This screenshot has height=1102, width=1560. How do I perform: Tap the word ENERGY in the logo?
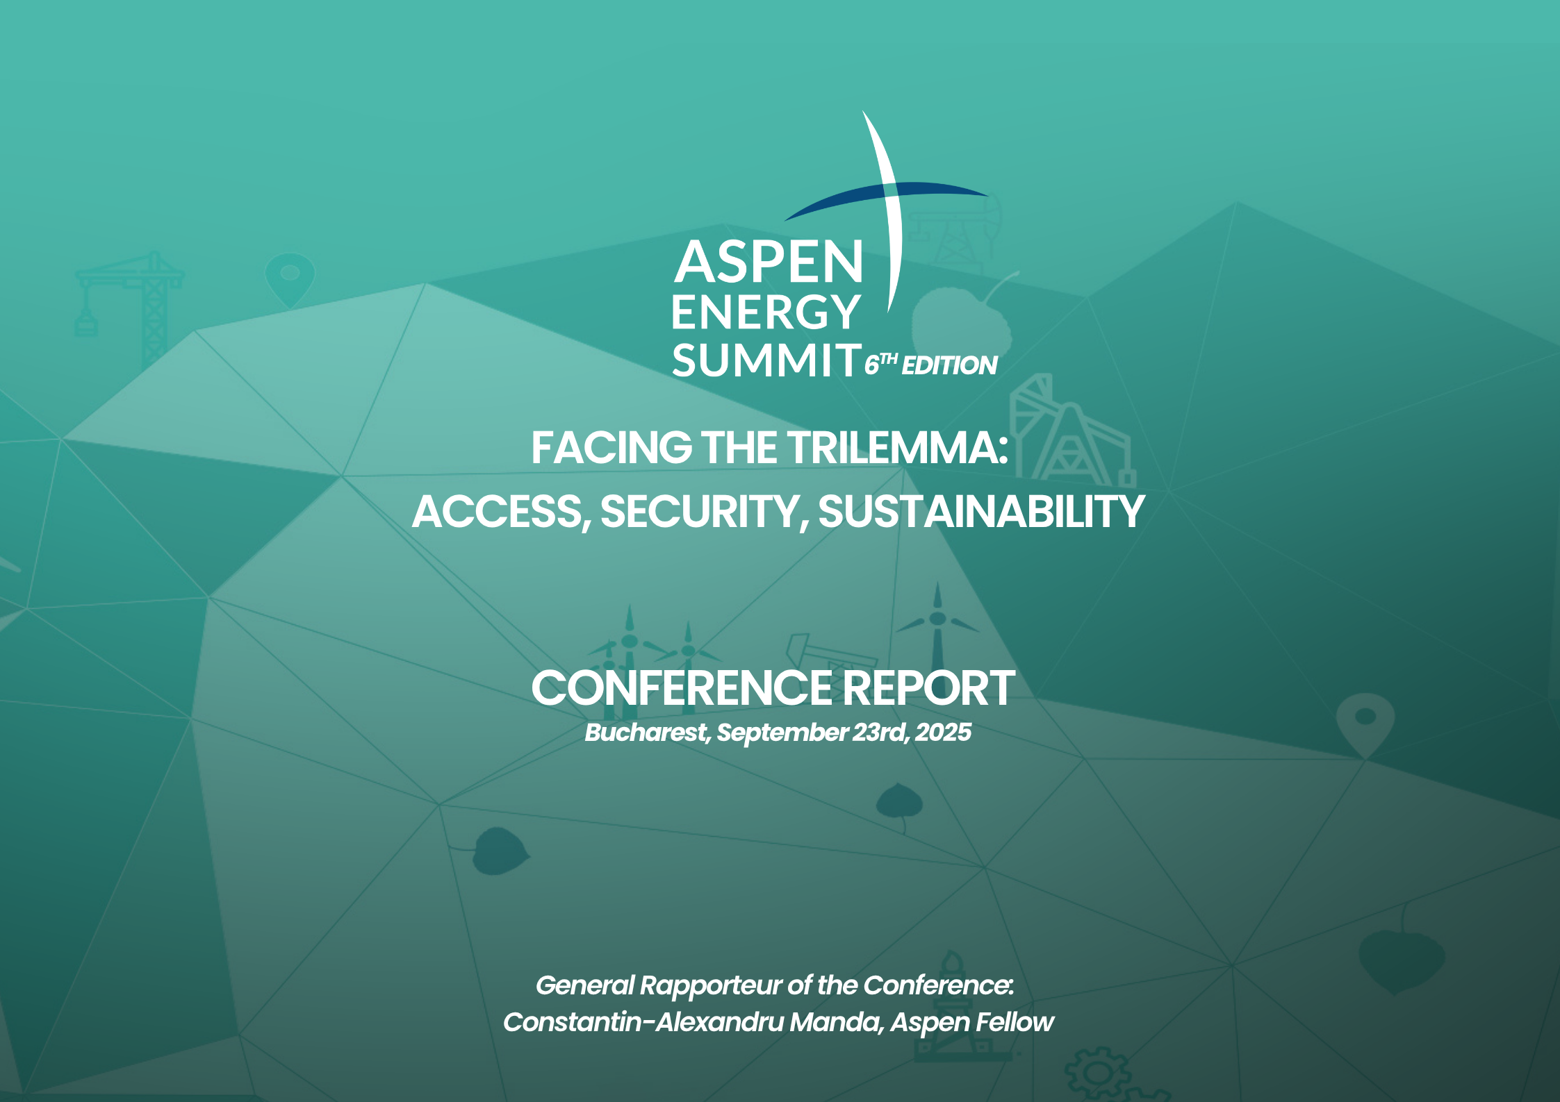(766, 312)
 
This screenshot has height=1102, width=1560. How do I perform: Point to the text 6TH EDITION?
(931, 365)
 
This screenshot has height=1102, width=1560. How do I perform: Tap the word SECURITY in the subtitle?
(704, 512)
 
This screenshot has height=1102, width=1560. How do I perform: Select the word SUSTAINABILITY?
(981, 512)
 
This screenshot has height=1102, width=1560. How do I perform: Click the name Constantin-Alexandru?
(643, 1022)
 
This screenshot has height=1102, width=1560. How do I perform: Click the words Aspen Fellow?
(972, 1023)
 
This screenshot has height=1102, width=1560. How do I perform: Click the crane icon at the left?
(129, 306)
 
